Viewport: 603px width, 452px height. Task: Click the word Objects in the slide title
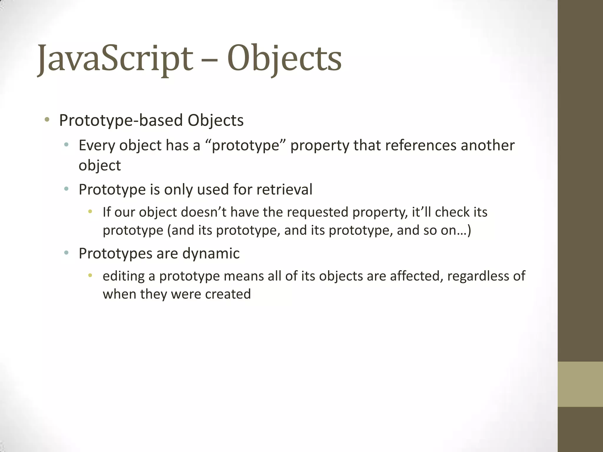pyautogui.click(x=284, y=59)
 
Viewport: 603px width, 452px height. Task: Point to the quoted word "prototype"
pyautogui.click(x=245, y=146)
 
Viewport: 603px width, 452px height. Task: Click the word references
pyautogui.click(x=420, y=145)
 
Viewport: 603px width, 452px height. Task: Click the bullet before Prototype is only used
pyautogui.click(x=66, y=188)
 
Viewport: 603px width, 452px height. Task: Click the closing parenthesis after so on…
pyautogui.click(x=469, y=230)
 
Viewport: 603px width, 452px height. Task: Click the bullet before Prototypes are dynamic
pyautogui.click(x=66, y=252)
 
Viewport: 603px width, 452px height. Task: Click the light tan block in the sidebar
pyautogui.click(x=580, y=384)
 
